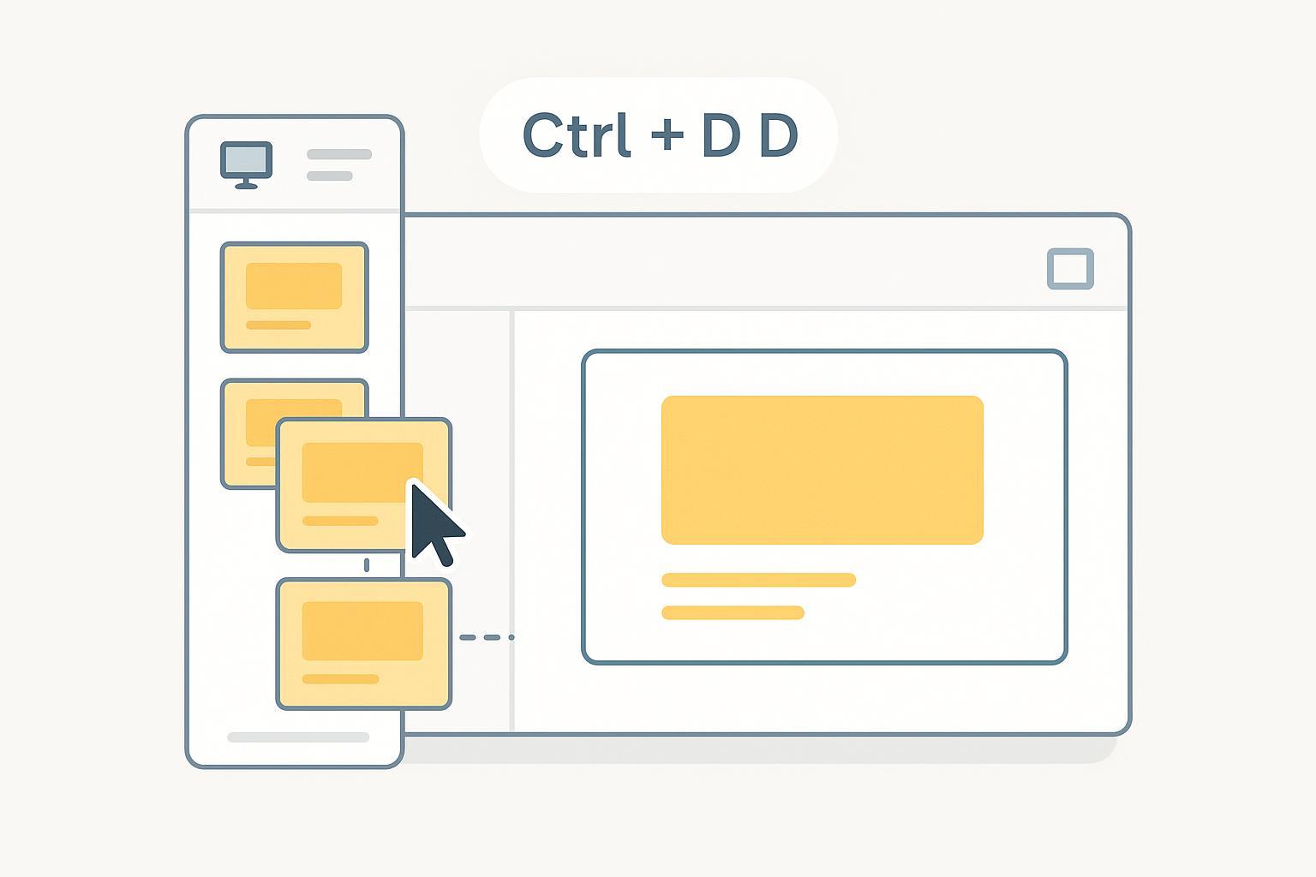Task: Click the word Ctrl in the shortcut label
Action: [577, 135]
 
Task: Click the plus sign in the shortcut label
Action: [667, 135]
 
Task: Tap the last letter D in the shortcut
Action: [779, 135]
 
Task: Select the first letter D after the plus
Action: [721, 135]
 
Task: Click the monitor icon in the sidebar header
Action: [246, 165]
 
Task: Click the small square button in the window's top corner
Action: [1070, 268]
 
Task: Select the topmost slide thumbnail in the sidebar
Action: [295, 297]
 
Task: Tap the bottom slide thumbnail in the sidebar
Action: [363, 644]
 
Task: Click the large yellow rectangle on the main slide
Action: [822, 470]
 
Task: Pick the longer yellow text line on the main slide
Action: [758, 580]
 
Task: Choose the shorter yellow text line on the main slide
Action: [733, 612]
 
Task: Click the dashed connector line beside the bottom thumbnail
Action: [487, 637]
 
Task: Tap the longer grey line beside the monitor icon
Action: [339, 154]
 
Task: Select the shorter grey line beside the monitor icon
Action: [330, 176]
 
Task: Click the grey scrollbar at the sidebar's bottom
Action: [298, 737]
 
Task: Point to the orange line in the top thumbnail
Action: [278, 325]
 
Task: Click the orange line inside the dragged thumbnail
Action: [340, 521]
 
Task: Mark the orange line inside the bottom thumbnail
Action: [340, 680]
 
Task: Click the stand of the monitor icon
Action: [246, 184]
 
